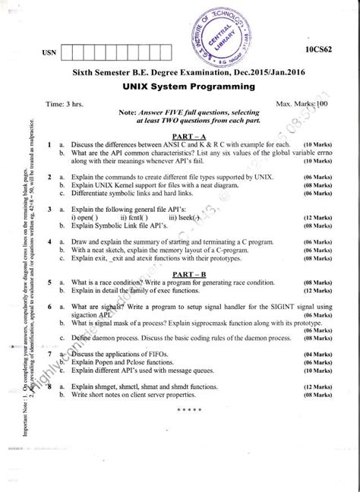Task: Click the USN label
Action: coord(46,55)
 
